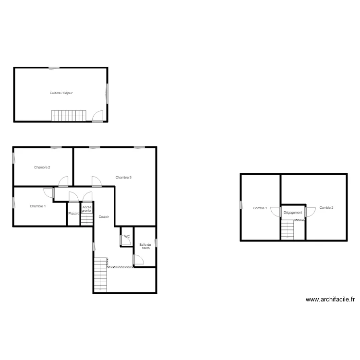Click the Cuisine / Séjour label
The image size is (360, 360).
click(x=61, y=93)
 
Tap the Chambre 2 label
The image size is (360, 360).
click(x=42, y=168)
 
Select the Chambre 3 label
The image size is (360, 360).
click(x=123, y=178)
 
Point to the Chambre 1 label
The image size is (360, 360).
click(x=38, y=206)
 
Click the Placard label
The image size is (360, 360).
click(x=73, y=213)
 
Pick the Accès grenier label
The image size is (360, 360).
click(x=87, y=209)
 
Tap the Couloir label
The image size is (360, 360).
click(x=104, y=217)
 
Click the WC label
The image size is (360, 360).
click(x=127, y=237)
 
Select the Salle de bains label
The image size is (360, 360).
click(x=145, y=246)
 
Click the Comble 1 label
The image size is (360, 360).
click(x=260, y=208)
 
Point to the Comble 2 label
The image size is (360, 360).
click(x=326, y=208)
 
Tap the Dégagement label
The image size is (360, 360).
click(x=293, y=213)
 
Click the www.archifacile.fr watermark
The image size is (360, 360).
click(x=330, y=300)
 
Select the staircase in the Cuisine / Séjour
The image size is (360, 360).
click(x=69, y=116)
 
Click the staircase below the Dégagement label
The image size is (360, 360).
click(x=287, y=229)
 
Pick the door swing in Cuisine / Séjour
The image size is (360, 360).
click(x=98, y=116)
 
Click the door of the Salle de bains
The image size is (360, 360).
click(x=138, y=260)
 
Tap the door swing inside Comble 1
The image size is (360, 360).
click(x=275, y=212)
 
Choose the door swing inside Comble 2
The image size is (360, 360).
click(x=310, y=212)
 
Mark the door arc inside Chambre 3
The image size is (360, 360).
click(x=96, y=180)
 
